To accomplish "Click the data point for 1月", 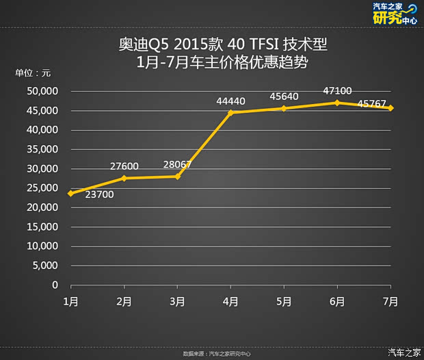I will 70,193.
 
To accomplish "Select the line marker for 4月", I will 230,112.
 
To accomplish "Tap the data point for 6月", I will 337,103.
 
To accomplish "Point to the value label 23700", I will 100,194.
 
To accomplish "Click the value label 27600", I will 124,166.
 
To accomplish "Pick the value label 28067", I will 178,164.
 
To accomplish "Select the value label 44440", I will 230,101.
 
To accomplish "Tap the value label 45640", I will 284,97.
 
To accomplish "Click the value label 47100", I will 336,90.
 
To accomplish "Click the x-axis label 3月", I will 177,301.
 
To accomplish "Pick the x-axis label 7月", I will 390,301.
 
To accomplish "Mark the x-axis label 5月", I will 284,301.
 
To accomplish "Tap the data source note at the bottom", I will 217,354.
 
